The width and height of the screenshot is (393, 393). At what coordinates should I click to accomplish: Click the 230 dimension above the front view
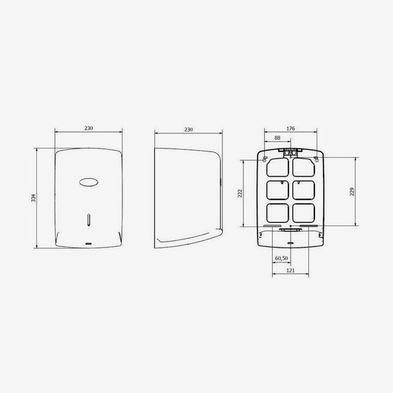[x=88, y=128]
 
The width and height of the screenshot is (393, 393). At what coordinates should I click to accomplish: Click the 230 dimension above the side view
[x=188, y=129]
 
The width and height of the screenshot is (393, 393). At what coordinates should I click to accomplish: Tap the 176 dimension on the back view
[x=290, y=128]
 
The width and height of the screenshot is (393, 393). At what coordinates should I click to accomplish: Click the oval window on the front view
[x=88, y=182]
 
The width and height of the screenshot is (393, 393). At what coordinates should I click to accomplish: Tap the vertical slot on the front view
[x=88, y=220]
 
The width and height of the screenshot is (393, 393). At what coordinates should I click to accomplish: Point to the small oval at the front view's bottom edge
[x=88, y=241]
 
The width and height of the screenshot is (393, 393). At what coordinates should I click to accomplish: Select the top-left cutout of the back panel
[x=277, y=166]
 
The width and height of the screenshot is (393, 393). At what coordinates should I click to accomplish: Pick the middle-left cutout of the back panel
[x=277, y=189]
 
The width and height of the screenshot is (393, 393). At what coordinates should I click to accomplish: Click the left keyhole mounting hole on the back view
[x=265, y=159]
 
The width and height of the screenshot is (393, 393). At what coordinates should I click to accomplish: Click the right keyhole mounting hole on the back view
[x=317, y=159]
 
